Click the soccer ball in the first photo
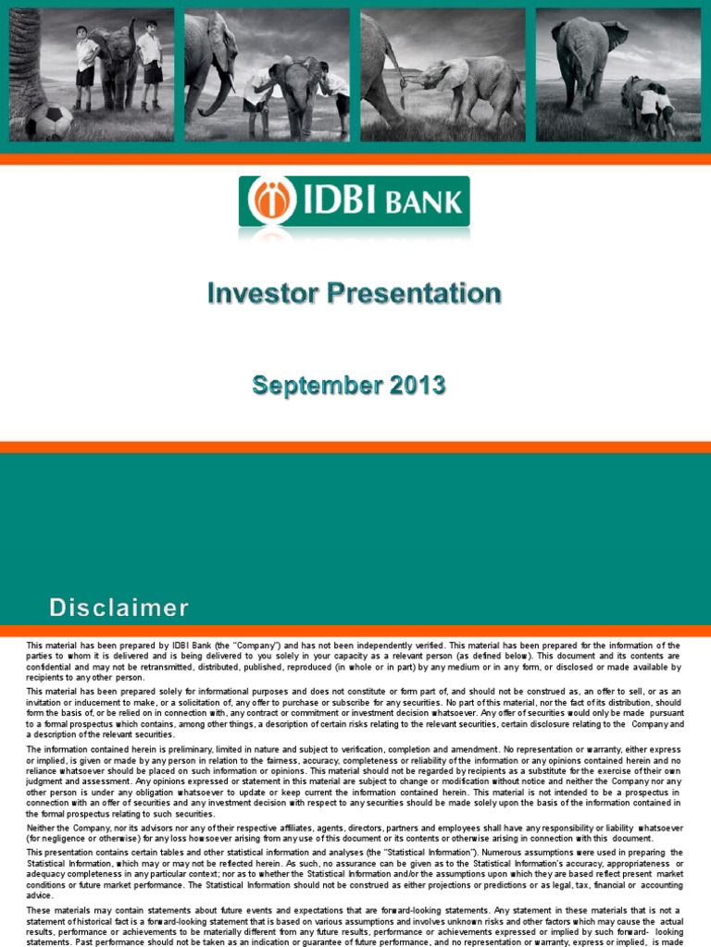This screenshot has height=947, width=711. coord(48,121)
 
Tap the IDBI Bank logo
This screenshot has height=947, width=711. coord(354,202)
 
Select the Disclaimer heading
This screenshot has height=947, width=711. coord(118,608)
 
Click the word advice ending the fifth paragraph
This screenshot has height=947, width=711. coord(40,895)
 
